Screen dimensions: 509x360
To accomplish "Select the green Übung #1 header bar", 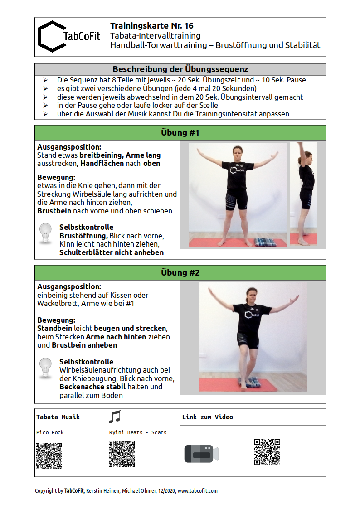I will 180,133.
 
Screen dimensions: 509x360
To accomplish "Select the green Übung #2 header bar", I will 180,272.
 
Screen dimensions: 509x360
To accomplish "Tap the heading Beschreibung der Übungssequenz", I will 180,69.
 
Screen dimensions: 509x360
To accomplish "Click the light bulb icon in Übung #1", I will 46,233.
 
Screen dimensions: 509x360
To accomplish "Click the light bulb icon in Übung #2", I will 46,368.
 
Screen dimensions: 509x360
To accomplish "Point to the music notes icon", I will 115,417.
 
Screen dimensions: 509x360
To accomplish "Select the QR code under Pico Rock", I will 49,456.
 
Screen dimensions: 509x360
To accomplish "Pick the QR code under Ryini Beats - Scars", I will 122,454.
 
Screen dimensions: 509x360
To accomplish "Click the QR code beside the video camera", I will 267,452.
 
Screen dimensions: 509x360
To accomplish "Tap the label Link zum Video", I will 208,417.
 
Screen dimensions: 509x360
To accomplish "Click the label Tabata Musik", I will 58,417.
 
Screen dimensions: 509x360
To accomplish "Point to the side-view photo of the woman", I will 304,194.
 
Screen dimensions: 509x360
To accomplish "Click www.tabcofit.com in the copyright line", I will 198,490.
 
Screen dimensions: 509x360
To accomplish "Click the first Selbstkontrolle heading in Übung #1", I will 86,227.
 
